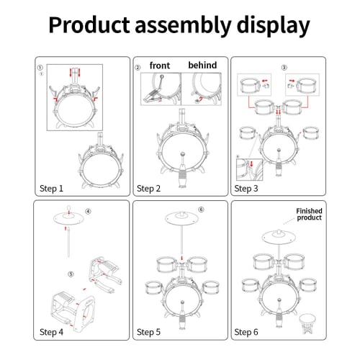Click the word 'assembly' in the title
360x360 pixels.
176,26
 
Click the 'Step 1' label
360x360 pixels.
50,189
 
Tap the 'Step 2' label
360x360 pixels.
148,189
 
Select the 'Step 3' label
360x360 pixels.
246,189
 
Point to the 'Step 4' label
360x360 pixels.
51,332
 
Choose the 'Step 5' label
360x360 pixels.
148,332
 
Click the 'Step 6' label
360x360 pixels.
246,332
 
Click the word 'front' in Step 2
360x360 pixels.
160,66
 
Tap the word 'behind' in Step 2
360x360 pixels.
202,66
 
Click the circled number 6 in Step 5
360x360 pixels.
201,210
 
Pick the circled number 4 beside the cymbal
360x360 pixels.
88,212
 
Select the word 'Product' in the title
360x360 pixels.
87,26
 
